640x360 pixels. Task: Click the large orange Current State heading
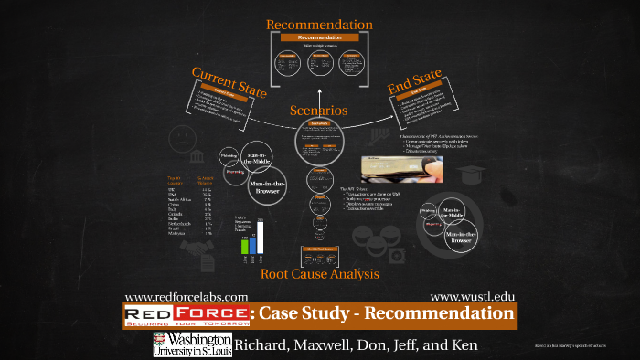(x=228, y=79)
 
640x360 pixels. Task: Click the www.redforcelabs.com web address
(x=186, y=297)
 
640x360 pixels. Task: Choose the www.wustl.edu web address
(x=472, y=297)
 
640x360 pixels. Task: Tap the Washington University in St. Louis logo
(x=191, y=344)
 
